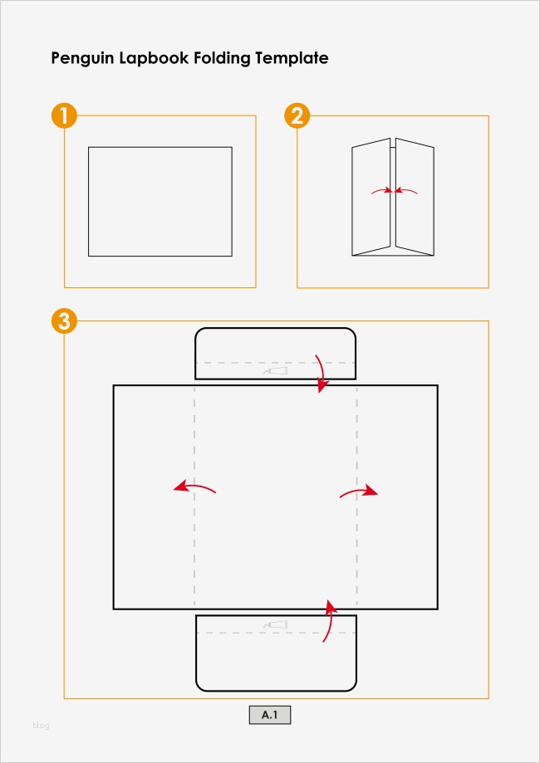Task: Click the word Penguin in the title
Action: (81, 59)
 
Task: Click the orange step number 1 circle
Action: (64, 115)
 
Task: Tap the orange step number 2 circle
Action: (297, 115)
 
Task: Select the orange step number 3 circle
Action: (64, 321)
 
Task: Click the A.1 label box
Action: (270, 715)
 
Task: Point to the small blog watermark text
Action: (42, 726)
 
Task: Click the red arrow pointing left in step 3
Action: (194, 487)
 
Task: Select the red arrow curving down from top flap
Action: (322, 374)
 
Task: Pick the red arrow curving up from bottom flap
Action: (331, 621)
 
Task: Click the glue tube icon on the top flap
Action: (275, 371)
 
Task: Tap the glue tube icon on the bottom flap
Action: (275, 624)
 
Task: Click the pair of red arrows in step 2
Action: (394, 191)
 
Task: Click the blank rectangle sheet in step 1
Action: (160, 202)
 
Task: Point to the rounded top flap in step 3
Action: (275, 354)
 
